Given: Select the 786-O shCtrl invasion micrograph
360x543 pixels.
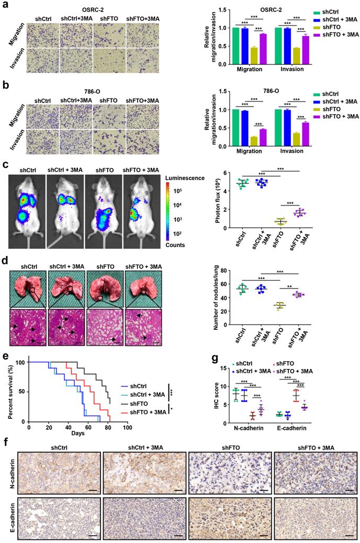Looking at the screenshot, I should point(42,141).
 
